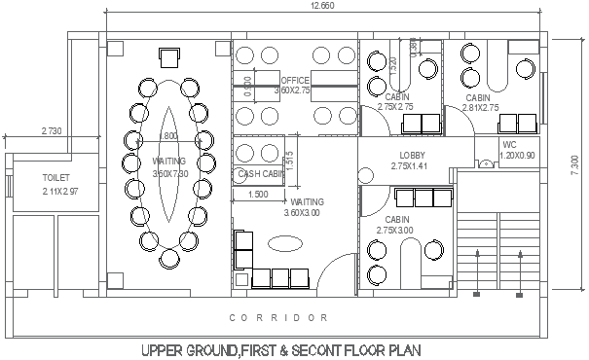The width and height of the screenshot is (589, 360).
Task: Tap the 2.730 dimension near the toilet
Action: coord(51,130)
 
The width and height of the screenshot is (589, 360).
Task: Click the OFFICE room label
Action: coord(295,80)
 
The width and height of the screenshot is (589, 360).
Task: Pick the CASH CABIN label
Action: coord(261,174)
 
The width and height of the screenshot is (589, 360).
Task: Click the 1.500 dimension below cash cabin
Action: coord(259,195)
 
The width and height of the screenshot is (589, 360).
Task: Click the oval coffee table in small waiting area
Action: coord(286,242)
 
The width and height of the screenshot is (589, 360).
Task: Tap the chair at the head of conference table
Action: coord(168,55)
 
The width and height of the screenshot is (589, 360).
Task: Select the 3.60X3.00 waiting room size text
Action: coord(303,213)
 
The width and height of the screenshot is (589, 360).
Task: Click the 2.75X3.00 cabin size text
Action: coord(398,231)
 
